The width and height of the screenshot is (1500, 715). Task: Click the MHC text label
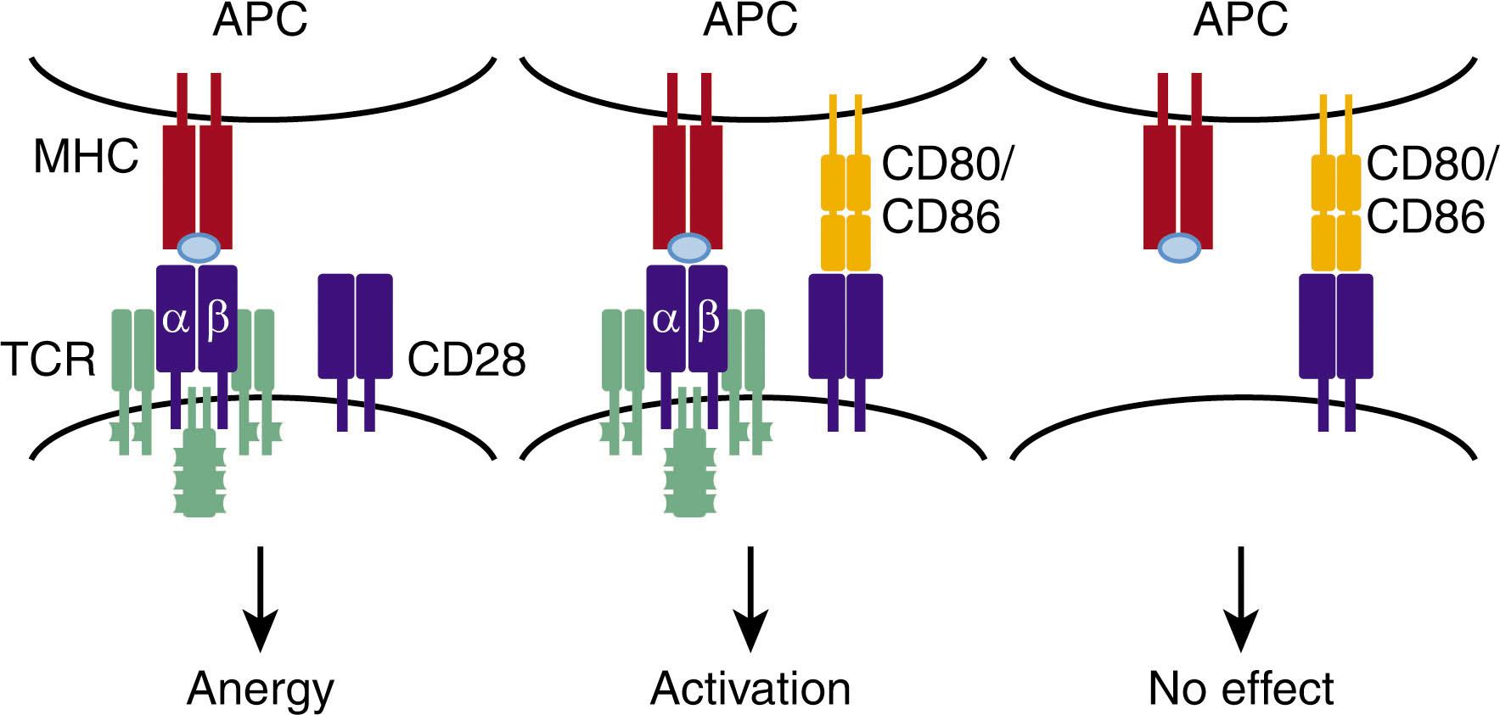point(85,157)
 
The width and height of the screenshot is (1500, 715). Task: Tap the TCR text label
point(48,360)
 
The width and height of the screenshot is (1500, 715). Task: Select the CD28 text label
point(466,360)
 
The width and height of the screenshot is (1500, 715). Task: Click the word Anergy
point(261,689)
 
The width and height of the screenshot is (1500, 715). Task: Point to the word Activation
point(750,689)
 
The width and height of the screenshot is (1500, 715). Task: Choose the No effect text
point(1240,689)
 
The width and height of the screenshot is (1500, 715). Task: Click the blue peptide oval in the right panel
point(1179,249)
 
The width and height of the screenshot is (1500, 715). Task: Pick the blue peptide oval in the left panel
point(198,249)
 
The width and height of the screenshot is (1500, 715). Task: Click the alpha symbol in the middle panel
point(666,321)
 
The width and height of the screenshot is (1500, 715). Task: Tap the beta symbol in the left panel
point(218,321)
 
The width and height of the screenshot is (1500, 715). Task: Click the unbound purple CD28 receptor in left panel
point(355,327)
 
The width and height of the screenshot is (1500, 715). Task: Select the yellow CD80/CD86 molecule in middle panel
point(846,212)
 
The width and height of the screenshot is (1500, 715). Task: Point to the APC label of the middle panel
point(750,20)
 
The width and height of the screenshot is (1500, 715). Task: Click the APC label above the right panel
point(1240,20)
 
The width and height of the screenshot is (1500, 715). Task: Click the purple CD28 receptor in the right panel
point(1336,327)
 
